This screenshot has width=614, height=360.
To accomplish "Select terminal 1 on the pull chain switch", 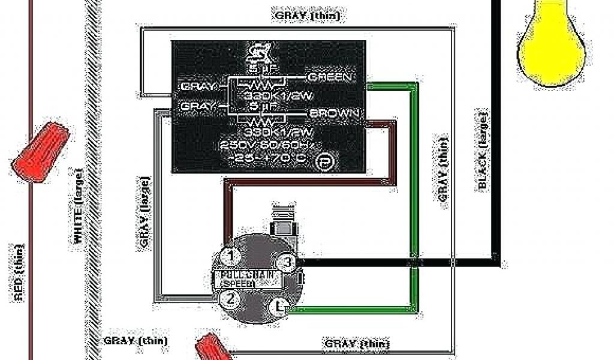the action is tap(229, 256).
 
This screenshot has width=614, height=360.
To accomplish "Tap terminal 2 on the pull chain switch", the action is tap(228, 298).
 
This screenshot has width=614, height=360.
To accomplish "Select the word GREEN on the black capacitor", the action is tap(330, 77).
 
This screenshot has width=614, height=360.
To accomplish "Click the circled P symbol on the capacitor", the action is tap(324, 161).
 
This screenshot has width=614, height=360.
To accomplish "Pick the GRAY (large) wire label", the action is tap(145, 212).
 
